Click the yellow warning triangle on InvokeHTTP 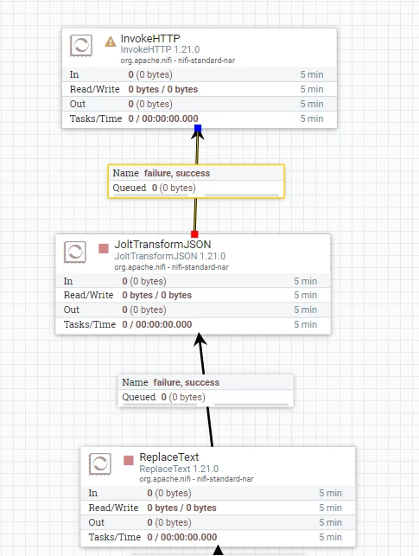(111, 42)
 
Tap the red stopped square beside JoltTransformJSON (104, 248)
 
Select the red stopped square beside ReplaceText (129, 460)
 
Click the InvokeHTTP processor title (150, 38)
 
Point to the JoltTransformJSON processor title (162, 245)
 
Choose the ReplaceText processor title (169, 457)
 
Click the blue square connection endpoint (198, 128)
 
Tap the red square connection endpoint (194, 234)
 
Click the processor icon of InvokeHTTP (81, 45)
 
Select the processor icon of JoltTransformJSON (75, 252)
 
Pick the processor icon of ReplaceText (100, 463)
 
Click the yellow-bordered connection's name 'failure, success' (177, 173)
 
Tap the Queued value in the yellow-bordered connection (174, 188)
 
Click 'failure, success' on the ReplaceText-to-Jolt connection (187, 382)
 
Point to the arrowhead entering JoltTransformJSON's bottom (200, 339)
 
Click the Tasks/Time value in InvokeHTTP (163, 118)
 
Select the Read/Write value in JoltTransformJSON (157, 295)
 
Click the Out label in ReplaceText (97, 522)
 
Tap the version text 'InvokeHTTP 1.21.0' (160, 49)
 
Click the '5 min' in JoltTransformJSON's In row (305, 281)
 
